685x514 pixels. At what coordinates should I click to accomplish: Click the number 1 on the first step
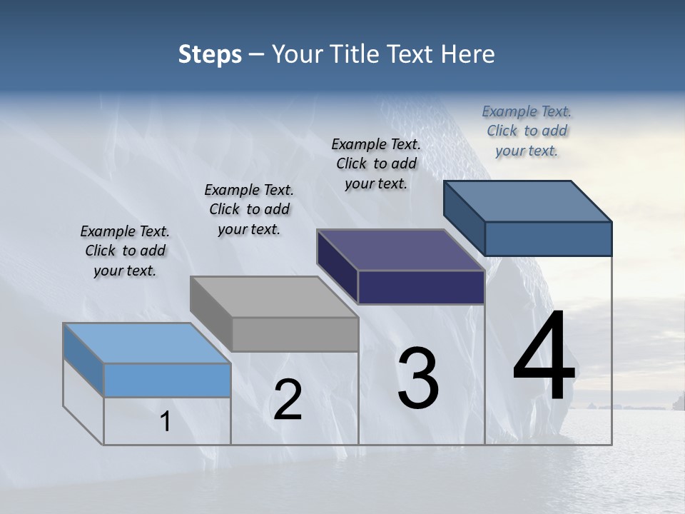(x=166, y=422)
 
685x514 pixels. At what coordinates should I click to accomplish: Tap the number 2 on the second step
(x=288, y=400)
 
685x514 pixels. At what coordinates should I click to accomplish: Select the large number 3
(x=418, y=378)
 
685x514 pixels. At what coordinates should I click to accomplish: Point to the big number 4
(x=544, y=357)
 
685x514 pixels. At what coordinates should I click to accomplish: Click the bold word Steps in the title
(x=210, y=54)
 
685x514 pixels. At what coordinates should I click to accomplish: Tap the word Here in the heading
(x=468, y=54)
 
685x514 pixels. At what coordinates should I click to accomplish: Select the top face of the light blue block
(x=147, y=343)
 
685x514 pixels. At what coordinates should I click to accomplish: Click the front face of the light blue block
(x=167, y=380)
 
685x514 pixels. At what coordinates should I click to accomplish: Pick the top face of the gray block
(x=274, y=297)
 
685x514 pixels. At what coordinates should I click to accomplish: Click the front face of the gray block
(x=295, y=334)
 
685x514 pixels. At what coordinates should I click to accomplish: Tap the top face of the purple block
(x=401, y=250)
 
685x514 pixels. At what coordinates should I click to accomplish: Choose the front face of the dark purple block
(x=421, y=287)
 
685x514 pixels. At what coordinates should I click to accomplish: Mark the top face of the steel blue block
(x=528, y=201)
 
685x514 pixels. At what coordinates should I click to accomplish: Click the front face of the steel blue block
(x=548, y=238)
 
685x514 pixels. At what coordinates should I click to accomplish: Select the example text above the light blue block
(x=126, y=251)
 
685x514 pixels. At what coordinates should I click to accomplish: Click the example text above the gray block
(x=249, y=209)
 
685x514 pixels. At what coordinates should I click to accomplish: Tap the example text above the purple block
(x=376, y=163)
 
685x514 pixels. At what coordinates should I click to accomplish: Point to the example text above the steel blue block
(x=527, y=131)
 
